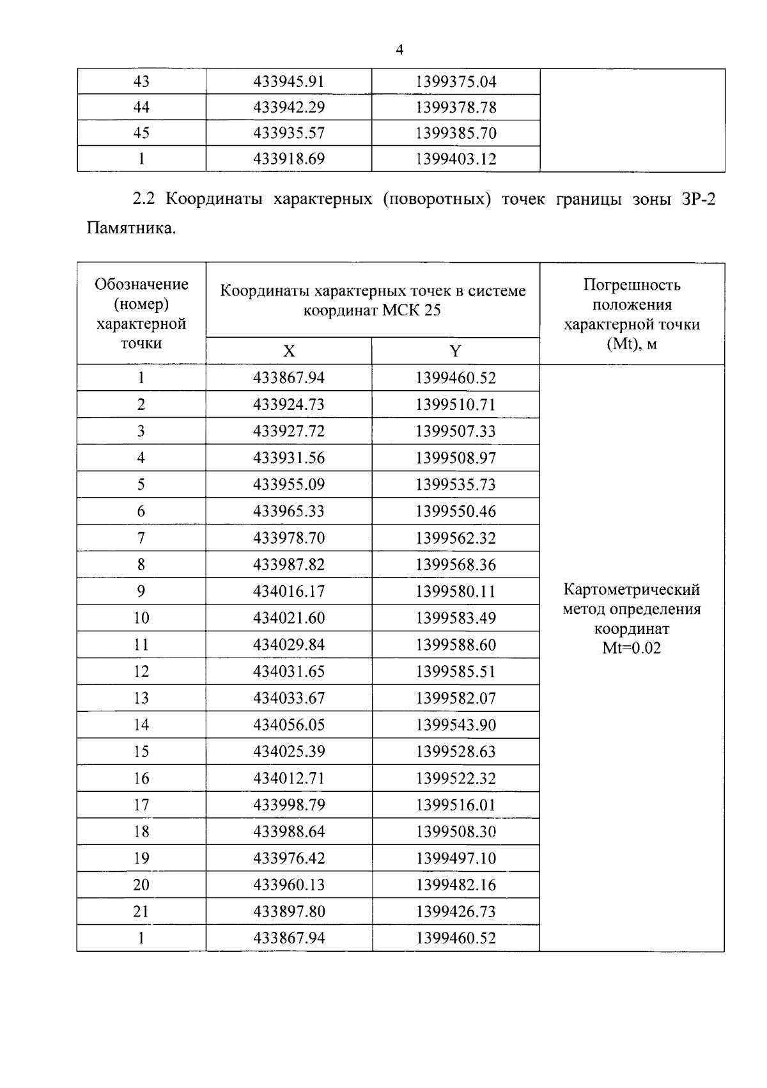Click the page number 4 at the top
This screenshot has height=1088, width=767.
click(399, 50)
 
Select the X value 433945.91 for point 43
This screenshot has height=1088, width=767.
click(289, 82)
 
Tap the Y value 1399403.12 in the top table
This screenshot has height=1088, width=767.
click(456, 159)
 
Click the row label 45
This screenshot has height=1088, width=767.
click(141, 133)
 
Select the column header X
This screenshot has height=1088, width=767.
click(289, 351)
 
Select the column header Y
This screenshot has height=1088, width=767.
click(455, 351)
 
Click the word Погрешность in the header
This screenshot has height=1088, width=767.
click(631, 285)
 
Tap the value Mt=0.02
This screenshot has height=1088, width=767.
click(631, 649)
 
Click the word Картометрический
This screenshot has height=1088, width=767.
click(631, 589)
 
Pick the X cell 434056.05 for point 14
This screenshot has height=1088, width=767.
click(289, 725)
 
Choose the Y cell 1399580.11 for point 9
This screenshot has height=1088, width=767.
click(456, 592)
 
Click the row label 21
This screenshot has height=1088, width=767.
click(141, 911)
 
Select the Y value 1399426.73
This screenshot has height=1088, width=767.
click(456, 911)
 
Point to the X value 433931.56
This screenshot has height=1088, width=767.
click(289, 458)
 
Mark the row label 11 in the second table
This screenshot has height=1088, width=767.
click(141, 645)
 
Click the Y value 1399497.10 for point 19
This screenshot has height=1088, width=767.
click(456, 858)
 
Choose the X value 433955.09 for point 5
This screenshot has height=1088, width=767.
click(289, 485)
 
